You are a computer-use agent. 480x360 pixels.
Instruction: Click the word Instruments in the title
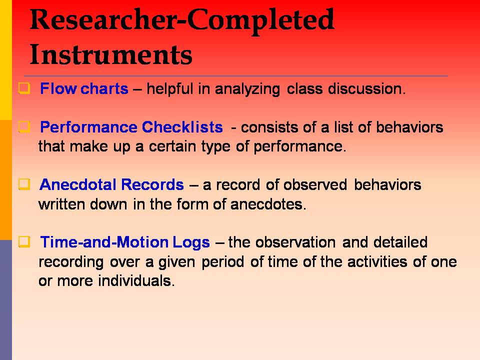click(x=111, y=54)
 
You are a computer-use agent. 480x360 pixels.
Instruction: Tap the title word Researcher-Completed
click(x=182, y=20)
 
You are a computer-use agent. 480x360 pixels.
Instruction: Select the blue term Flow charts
click(x=84, y=89)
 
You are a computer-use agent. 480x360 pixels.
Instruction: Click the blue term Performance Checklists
click(x=131, y=127)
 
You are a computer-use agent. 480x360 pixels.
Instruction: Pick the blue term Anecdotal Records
click(x=111, y=184)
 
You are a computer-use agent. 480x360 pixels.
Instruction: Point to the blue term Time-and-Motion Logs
click(x=125, y=242)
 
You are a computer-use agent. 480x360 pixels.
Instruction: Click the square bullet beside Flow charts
click(x=24, y=88)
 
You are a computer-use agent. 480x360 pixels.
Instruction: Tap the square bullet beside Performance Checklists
click(x=24, y=126)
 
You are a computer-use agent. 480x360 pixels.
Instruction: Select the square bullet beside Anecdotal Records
click(x=24, y=184)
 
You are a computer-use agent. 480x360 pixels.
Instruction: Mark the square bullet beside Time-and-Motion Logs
click(x=24, y=242)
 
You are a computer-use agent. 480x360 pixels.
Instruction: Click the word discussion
click(x=366, y=89)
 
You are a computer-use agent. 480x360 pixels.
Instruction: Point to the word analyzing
click(x=247, y=89)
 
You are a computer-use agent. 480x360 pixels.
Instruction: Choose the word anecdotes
click(x=268, y=204)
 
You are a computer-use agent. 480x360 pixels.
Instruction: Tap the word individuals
click(x=136, y=280)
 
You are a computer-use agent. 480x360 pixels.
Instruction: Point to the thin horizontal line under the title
click(x=235, y=75)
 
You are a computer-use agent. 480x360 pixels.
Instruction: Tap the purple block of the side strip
click(x=6, y=300)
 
